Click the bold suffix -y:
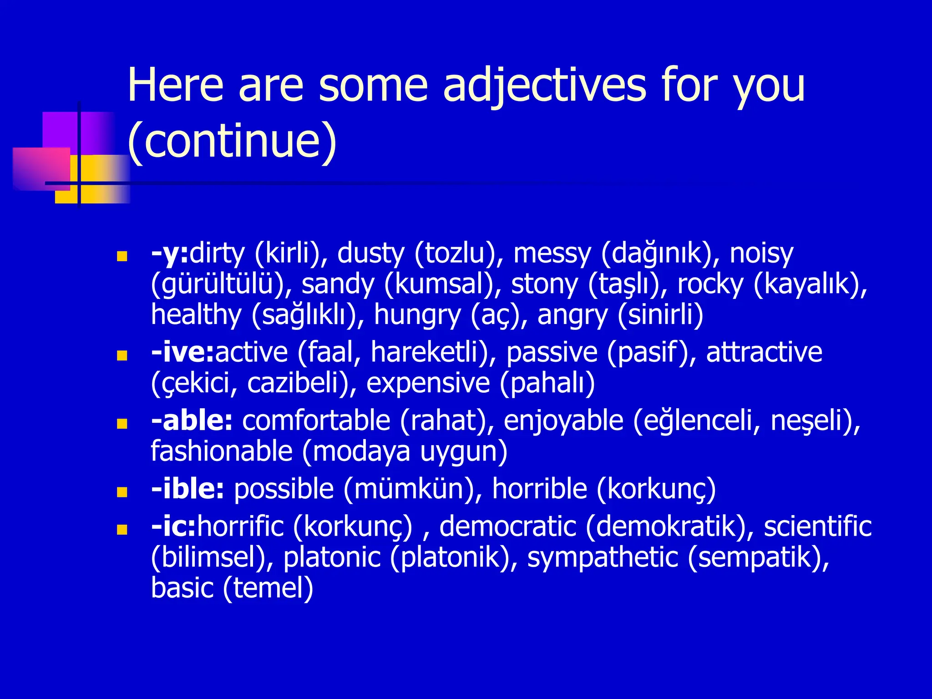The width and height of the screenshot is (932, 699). point(169,254)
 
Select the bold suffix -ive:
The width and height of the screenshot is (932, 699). point(182,353)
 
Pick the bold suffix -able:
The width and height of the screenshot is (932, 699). point(192,420)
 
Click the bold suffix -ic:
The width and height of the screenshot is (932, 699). point(173,527)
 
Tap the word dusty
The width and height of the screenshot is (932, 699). point(370,254)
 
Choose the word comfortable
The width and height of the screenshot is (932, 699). point(316,420)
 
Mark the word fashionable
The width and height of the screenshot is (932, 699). point(222,452)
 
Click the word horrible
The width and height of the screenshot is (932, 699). point(539,489)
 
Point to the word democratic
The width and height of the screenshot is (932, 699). point(508,527)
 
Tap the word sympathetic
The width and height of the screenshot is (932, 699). point(603,558)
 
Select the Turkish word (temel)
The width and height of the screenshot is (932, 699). point(268,589)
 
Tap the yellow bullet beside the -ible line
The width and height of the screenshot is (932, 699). point(122,492)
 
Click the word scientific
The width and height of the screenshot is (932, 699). point(817,527)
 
